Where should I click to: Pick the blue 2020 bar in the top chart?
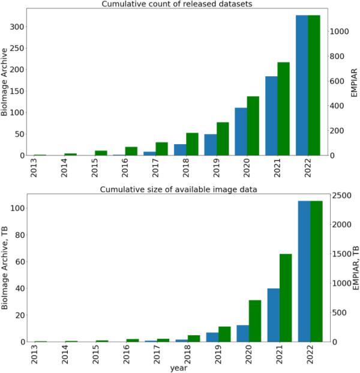tap(241, 132)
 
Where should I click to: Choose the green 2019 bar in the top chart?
tap(223, 139)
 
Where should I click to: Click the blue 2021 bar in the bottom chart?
tap(271, 315)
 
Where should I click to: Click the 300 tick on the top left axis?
tap(17, 27)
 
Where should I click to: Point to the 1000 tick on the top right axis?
tap(341, 31)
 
